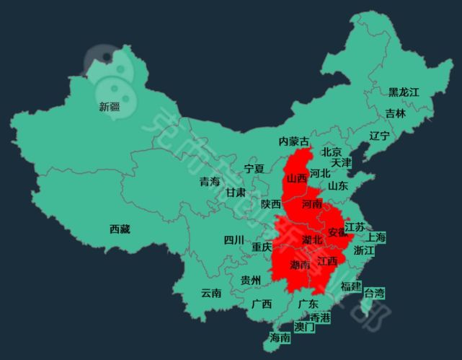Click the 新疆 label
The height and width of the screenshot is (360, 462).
coord(110,107)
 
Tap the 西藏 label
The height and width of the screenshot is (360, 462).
coord(120,229)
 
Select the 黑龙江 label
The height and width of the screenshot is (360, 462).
coord(404,92)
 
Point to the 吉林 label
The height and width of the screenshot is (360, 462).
coord(395,113)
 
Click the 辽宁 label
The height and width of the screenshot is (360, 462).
coord(379,136)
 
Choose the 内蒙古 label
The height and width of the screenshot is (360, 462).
coord(294,141)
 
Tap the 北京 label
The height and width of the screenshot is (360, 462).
coord(332,152)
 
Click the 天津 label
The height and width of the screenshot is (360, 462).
coord(342,163)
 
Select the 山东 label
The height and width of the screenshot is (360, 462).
coord(337,185)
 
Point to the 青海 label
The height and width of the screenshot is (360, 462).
coord(210,182)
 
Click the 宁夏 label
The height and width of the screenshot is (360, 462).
coord(254,169)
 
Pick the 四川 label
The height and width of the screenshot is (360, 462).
coord(234,240)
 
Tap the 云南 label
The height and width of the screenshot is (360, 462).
coord(211,293)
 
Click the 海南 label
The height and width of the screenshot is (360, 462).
coord(280,337)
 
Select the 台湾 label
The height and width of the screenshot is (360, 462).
coord(374,293)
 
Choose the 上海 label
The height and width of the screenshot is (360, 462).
coord(376,237)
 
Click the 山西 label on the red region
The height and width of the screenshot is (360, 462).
coord(296,178)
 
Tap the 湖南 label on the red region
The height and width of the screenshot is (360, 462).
coord(300,265)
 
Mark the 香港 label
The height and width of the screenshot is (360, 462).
coord(320,317)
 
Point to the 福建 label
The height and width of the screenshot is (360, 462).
coord(350,286)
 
